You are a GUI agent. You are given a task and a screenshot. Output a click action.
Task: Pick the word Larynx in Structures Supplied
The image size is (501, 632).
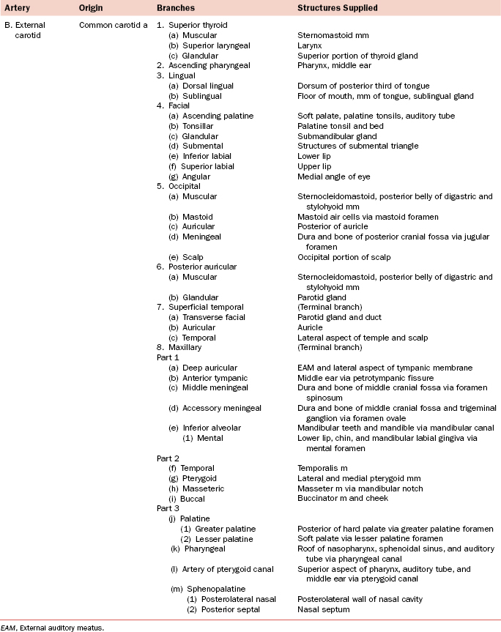[310, 45]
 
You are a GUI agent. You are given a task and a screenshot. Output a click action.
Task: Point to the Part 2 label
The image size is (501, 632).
[168, 458]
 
